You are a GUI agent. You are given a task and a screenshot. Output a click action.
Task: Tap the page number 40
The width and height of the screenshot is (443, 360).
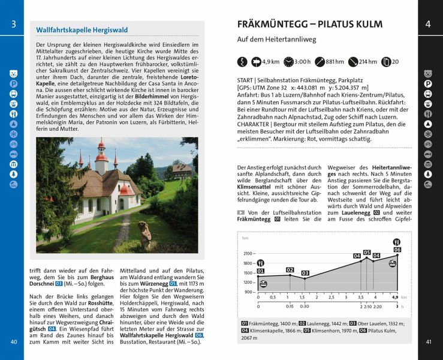pos(14,342)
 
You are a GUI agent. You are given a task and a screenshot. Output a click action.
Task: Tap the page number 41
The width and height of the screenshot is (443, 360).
pos(429,342)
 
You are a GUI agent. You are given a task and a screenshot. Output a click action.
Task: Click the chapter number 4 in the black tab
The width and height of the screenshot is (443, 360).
pos(428,25)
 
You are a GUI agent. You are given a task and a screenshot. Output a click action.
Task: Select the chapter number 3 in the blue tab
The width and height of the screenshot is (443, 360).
pos(14,25)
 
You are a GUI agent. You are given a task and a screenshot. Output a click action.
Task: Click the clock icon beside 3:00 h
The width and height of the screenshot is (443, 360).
pos(289,61)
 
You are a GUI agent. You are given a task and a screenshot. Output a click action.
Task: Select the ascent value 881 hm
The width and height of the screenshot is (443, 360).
pos(334,61)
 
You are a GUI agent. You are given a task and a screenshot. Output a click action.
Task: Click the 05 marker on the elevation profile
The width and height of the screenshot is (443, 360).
pos(367,253)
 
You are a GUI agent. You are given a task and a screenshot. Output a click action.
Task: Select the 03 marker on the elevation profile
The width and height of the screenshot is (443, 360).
pos(305,273)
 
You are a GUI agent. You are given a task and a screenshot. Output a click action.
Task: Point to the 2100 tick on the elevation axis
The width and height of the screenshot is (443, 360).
pos(248,253)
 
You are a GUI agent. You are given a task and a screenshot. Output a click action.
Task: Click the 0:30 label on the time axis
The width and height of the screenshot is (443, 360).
pos(305,306)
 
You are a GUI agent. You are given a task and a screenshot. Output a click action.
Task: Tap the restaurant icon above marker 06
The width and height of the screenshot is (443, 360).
pos(396,242)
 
